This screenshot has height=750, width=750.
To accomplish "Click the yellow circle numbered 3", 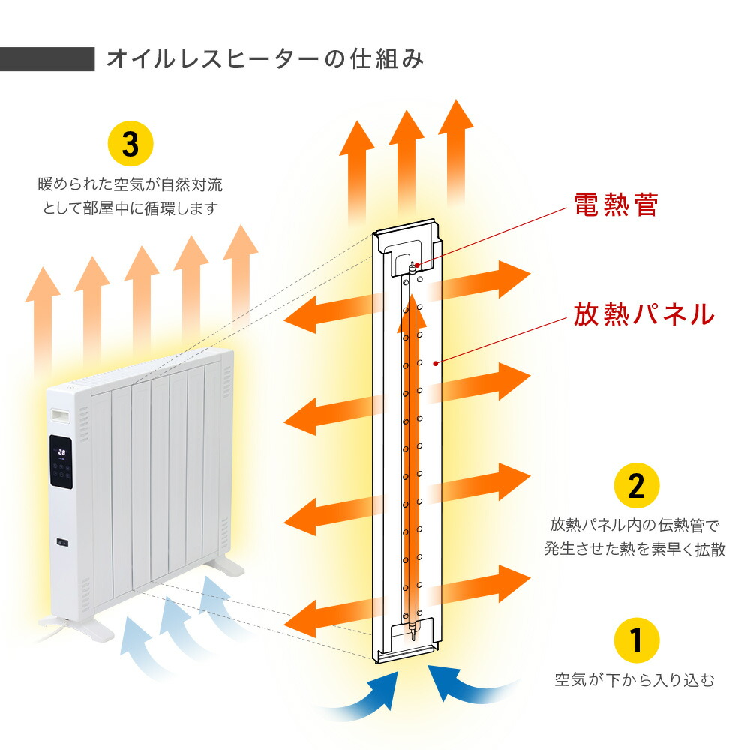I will pyautogui.click(x=130, y=144).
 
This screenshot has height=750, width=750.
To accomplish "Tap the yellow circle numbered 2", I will pyautogui.click(x=636, y=486).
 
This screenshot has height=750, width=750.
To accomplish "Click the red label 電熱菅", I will pyautogui.click(x=615, y=205).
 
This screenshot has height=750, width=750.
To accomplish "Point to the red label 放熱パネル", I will pyautogui.click(x=644, y=314).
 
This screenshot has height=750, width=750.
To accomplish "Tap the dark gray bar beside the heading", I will pyautogui.click(x=46, y=59).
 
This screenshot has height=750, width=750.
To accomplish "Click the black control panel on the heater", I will pyautogui.click(x=61, y=463).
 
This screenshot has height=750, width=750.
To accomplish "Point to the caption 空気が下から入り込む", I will pyautogui.click(x=634, y=681).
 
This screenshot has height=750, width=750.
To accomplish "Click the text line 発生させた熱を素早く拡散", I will pyautogui.click(x=634, y=550).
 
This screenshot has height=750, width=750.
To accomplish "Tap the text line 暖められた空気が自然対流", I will pyautogui.click(x=130, y=184).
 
